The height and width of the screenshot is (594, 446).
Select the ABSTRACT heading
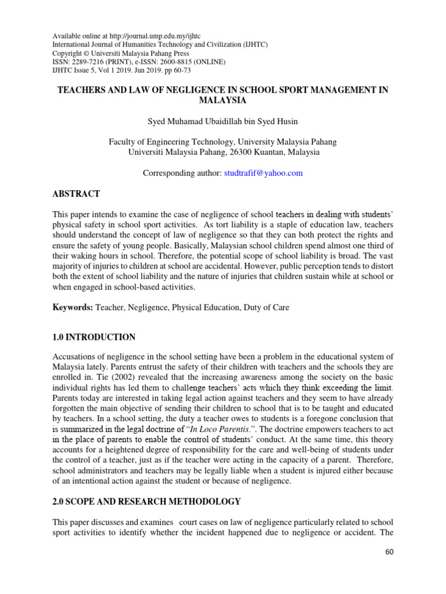point(76,194)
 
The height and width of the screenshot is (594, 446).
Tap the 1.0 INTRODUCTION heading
point(94,337)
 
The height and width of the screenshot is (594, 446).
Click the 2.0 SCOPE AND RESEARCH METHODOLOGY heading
point(146,501)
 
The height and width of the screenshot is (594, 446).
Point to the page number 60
point(389,552)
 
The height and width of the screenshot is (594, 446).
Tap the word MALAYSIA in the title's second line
point(223,100)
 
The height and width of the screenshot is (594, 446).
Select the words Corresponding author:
point(182,173)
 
